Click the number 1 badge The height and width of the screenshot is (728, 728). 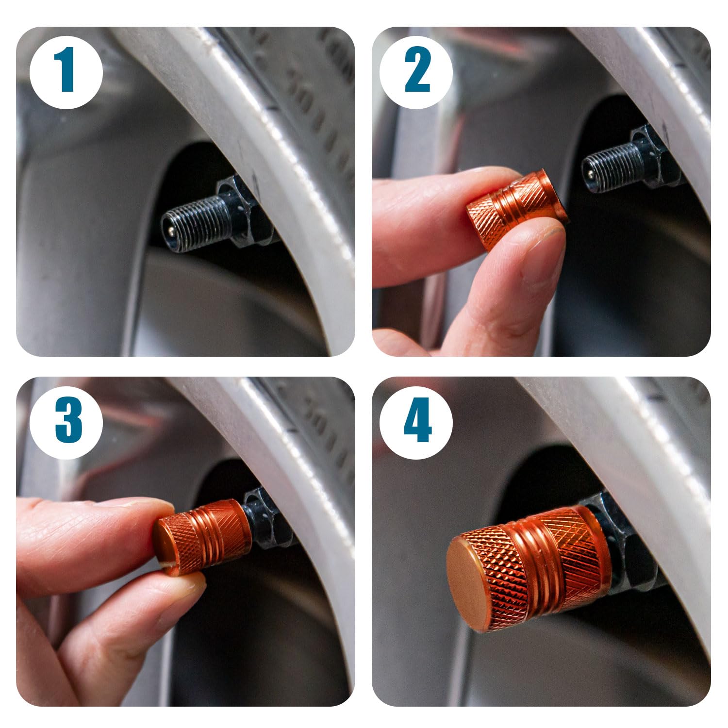pos(66,73)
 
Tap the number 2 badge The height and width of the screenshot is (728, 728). pos(416,73)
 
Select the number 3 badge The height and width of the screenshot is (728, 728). pos(66,422)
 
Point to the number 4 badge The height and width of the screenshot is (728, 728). pos(416,422)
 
